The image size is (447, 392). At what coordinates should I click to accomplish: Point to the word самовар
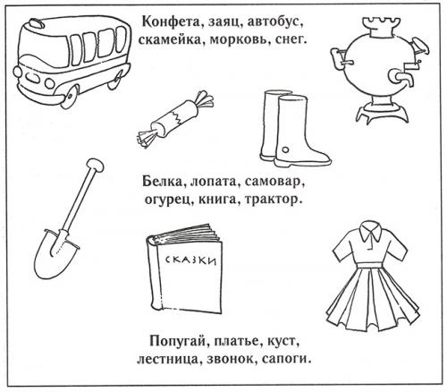pyautogui.click(x=273, y=182)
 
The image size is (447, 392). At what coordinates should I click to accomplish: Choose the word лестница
pyautogui.click(x=167, y=359)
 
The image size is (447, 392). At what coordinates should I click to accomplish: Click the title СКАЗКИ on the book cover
pyautogui.click(x=190, y=260)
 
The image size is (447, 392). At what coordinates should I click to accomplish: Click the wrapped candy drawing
pyautogui.click(x=175, y=118)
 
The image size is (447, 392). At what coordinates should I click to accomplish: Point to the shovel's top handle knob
pyautogui.click(x=95, y=165)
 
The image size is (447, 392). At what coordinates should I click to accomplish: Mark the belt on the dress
pyautogui.click(x=369, y=264)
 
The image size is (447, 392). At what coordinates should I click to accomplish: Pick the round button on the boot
pyautogui.click(x=285, y=149)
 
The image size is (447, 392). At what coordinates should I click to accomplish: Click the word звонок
pyautogui.click(x=230, y=359)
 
